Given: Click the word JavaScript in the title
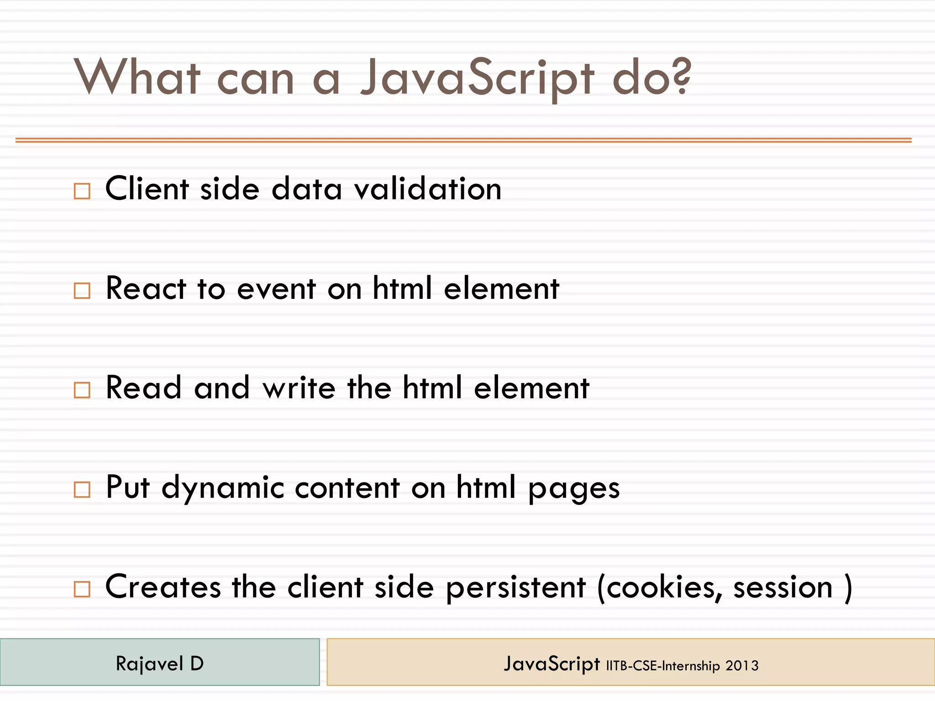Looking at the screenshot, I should coord(477,78).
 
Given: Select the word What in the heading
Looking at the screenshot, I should coord(137,78).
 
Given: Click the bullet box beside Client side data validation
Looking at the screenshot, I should coord(82,191).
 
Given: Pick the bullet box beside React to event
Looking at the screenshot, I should coord(82,290).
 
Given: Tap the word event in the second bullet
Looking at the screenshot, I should coord(277,289).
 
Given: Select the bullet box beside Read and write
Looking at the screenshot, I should coord(82,390).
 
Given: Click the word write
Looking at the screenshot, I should coord(299,388).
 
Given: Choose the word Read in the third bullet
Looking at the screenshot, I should coord(144,388).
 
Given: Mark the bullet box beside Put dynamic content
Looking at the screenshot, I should coord(82,490).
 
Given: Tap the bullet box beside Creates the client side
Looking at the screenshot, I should coord(82,589).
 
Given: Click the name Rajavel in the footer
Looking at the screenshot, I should coord(149,664).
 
